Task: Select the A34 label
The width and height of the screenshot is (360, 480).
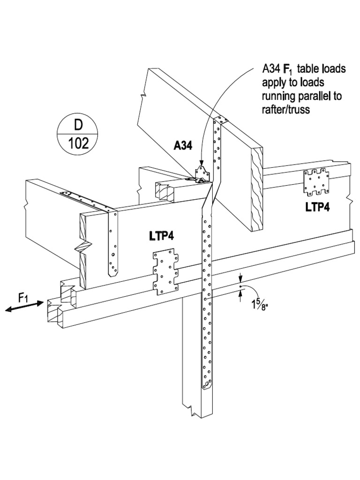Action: (183, 146)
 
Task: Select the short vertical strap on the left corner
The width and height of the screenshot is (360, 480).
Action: (113, 243)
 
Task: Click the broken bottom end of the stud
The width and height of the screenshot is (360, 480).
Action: (193, 410)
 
